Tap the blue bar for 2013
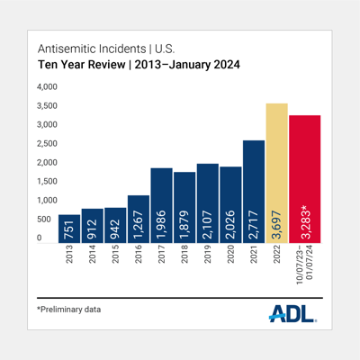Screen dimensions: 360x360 tap(69, 229)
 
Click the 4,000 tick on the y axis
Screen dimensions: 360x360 tap(47, 87)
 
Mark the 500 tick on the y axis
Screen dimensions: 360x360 tap(47, 220)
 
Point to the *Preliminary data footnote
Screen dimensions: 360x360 tap(69, 310)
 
